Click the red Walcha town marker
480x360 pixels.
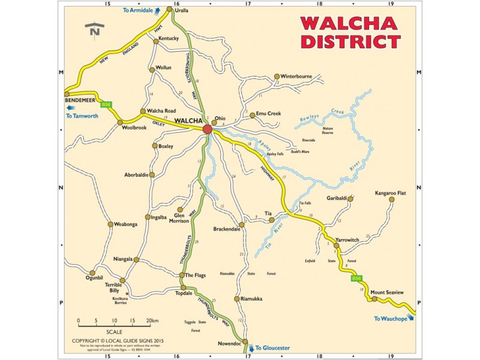pos(208,129)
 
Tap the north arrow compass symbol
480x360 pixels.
pos(95,28)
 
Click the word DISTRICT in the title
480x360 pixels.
pos(350,41)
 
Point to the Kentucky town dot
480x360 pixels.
pos(156,41)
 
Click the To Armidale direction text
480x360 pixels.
pos(137,10)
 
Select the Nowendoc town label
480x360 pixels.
pos(229,343)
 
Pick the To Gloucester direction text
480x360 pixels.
pos(272,347)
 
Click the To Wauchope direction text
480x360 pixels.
pos(390,319)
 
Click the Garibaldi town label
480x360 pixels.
pos(337,197)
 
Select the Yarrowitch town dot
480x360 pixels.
pos(337,245)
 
